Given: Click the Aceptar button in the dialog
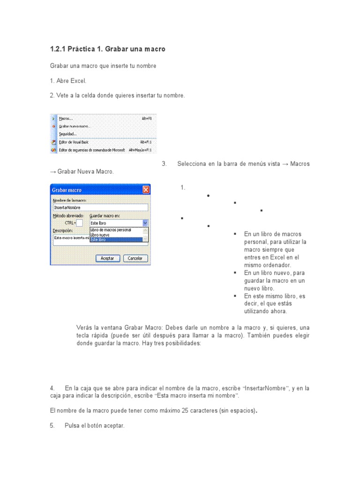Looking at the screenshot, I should coord(107,258).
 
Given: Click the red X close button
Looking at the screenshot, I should coord(146,190).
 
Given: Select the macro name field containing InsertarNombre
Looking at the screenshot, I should coord(100,207).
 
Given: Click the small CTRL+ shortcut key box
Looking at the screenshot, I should coord(79,223).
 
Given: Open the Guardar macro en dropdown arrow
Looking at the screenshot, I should coord(145,223).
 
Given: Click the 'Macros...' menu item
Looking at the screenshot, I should coord(67,119).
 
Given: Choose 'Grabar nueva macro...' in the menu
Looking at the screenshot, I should coord(75,127).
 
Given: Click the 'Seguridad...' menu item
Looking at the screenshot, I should coord(68,134).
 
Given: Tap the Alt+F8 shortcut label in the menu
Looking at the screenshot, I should coord(147,119).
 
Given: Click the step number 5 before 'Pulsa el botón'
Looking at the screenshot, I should coord(52,426).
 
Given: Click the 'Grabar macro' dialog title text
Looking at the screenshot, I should coord(67,190).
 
